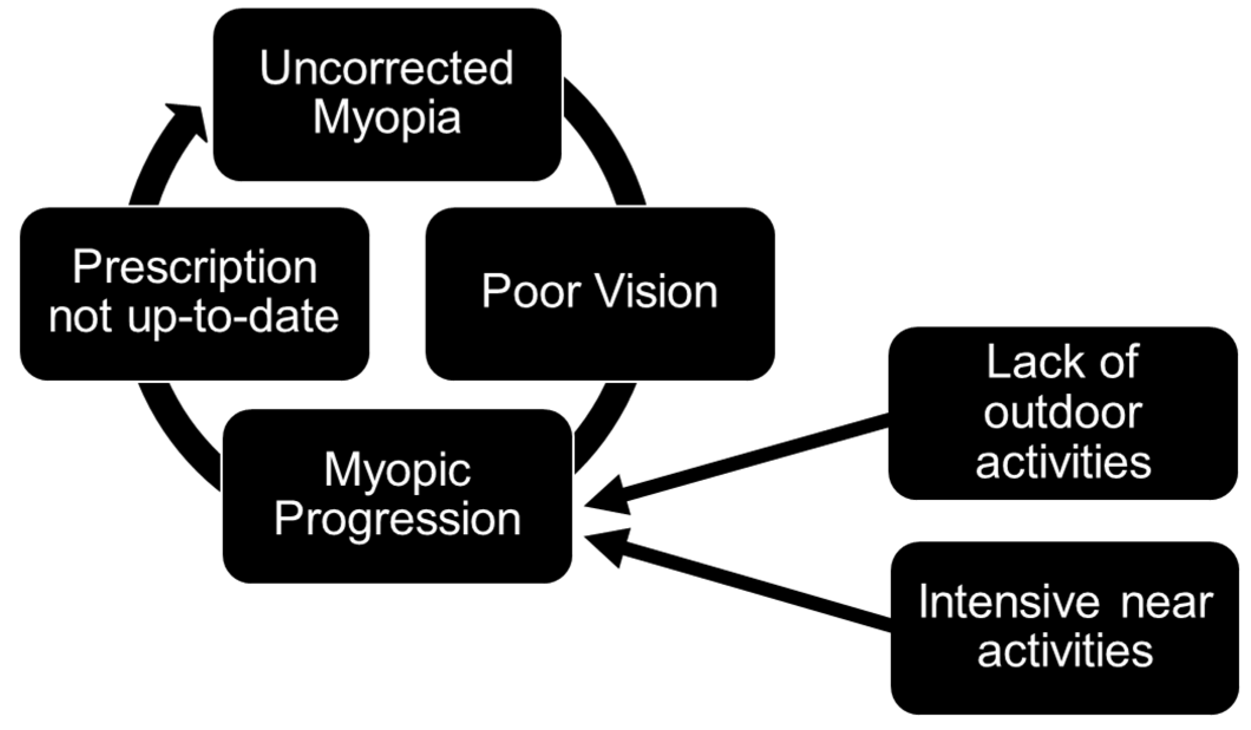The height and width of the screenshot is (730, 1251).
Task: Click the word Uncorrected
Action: (x=387, y=69)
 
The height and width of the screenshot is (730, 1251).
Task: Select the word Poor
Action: (x=527, y=292)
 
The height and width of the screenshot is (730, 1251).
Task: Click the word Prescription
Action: (x=195, y=267)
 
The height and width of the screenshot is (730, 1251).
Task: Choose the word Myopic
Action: (x=397, y=470)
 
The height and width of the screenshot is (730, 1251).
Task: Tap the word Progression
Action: (x=397, y=520)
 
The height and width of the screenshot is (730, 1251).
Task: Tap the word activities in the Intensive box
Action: (x=1065, y=652)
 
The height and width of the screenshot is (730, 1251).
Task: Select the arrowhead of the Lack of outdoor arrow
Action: (x=608, y=496)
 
